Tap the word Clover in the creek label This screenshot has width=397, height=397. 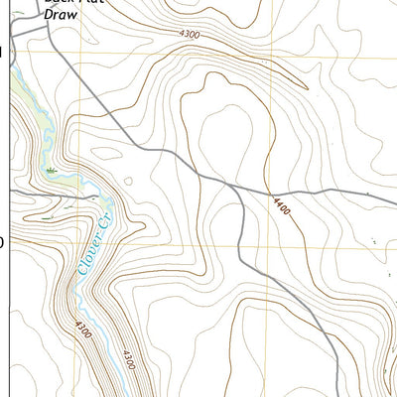[79, 245]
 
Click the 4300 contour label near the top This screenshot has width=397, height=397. [189, 36]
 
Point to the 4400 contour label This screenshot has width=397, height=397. [284, 207]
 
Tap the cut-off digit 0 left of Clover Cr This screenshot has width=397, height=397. [2, 241]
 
